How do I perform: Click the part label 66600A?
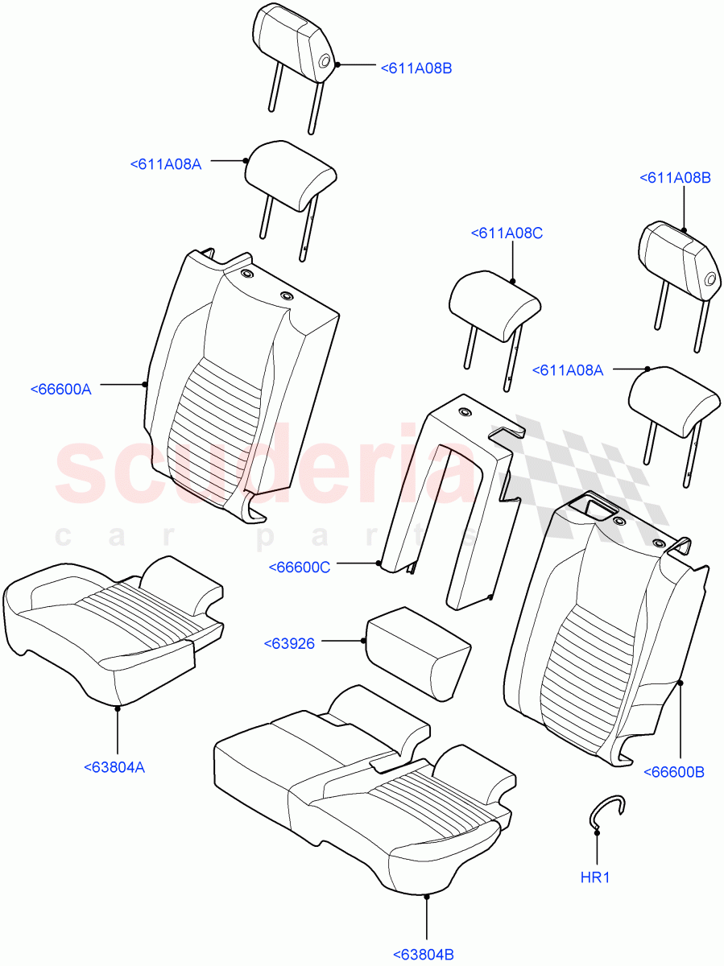point(60,389)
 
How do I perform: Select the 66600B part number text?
point(674,772)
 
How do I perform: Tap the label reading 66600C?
point(299,568)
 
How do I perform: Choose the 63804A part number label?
point(114,767)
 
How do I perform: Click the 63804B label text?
point(424,955)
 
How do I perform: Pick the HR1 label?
point(595,877)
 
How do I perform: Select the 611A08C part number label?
point(507,233)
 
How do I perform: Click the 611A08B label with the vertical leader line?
point(675,179)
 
